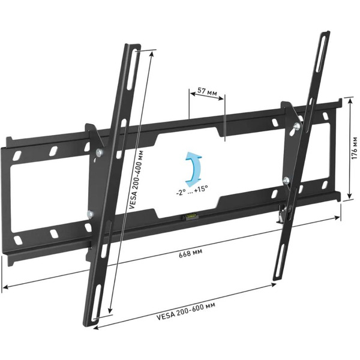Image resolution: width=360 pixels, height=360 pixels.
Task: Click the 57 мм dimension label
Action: (206, 92)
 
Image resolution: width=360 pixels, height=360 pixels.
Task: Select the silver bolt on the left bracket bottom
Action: (90, 213)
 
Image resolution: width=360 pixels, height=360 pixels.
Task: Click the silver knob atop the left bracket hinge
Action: (96, 154)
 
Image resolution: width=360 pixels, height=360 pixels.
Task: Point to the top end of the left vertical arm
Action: (133, 47)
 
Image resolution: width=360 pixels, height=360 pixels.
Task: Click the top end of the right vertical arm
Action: (325, 34)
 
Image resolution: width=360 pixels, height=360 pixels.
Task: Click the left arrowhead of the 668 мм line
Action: (5, 287)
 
